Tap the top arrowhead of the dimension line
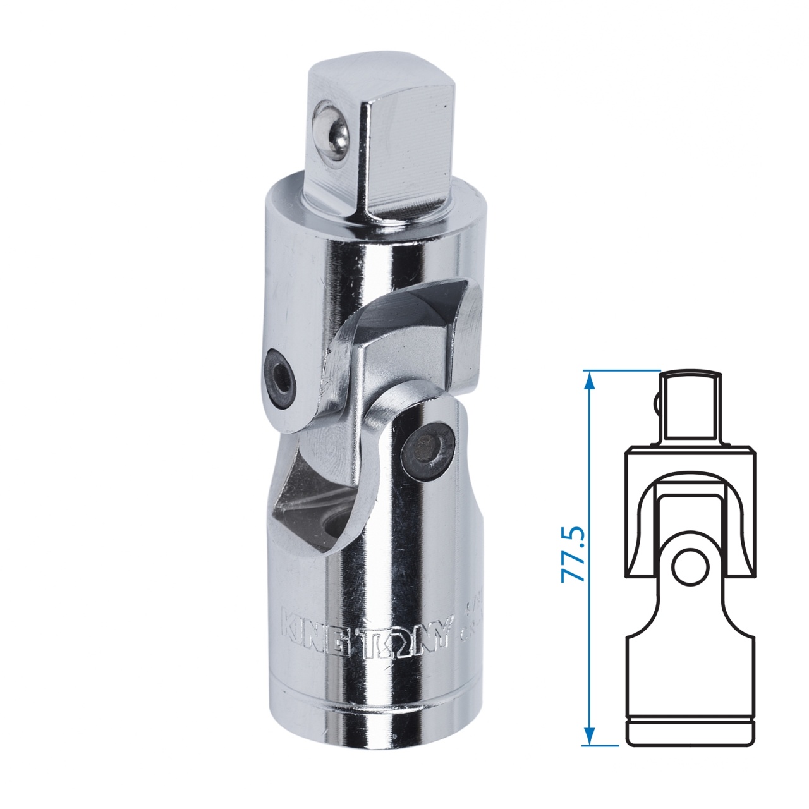tap(589, 379)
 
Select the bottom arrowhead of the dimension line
tap(589, 736)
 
